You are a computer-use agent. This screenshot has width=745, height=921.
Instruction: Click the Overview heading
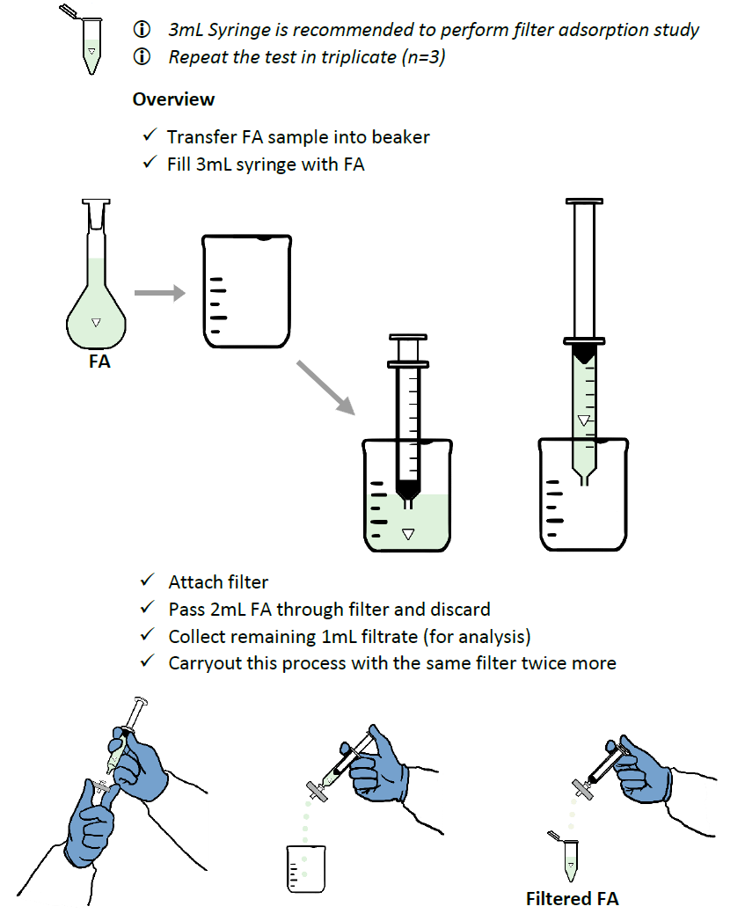[173, 99]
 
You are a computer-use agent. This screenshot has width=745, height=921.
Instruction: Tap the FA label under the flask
[99, 361]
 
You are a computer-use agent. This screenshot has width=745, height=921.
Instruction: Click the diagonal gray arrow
[325, 387]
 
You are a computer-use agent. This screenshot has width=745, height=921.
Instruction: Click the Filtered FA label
[572, 899]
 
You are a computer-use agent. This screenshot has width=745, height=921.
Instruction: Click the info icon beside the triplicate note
[142, 57]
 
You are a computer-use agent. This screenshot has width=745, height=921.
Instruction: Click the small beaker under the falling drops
[304, 866]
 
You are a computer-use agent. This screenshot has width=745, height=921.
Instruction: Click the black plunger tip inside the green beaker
[406, 488]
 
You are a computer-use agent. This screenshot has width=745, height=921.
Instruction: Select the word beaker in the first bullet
[401, 137]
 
